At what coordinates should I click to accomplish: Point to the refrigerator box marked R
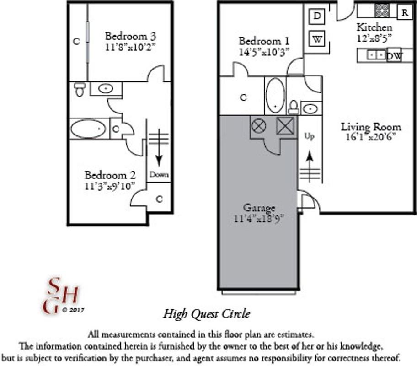click(404, 12)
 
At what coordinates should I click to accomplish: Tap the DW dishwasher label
click(394, 56)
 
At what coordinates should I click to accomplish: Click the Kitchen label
click(374, 27)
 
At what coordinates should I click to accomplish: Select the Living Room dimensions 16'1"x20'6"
click(371, 137)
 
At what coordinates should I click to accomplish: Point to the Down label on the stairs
click(159, 175)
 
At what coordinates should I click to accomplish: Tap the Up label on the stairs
click(310, 136)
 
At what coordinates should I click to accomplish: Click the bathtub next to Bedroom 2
click(88, 129)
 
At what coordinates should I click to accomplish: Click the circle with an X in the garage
click(259, 126)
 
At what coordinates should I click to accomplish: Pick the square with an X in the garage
click(285, 126)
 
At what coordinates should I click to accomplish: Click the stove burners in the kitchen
click(382, 11)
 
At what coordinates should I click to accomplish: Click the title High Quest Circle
click(207, 314)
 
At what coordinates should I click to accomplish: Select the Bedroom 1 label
click(264, 41)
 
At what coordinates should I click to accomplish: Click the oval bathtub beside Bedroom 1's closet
click(275, 96)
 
